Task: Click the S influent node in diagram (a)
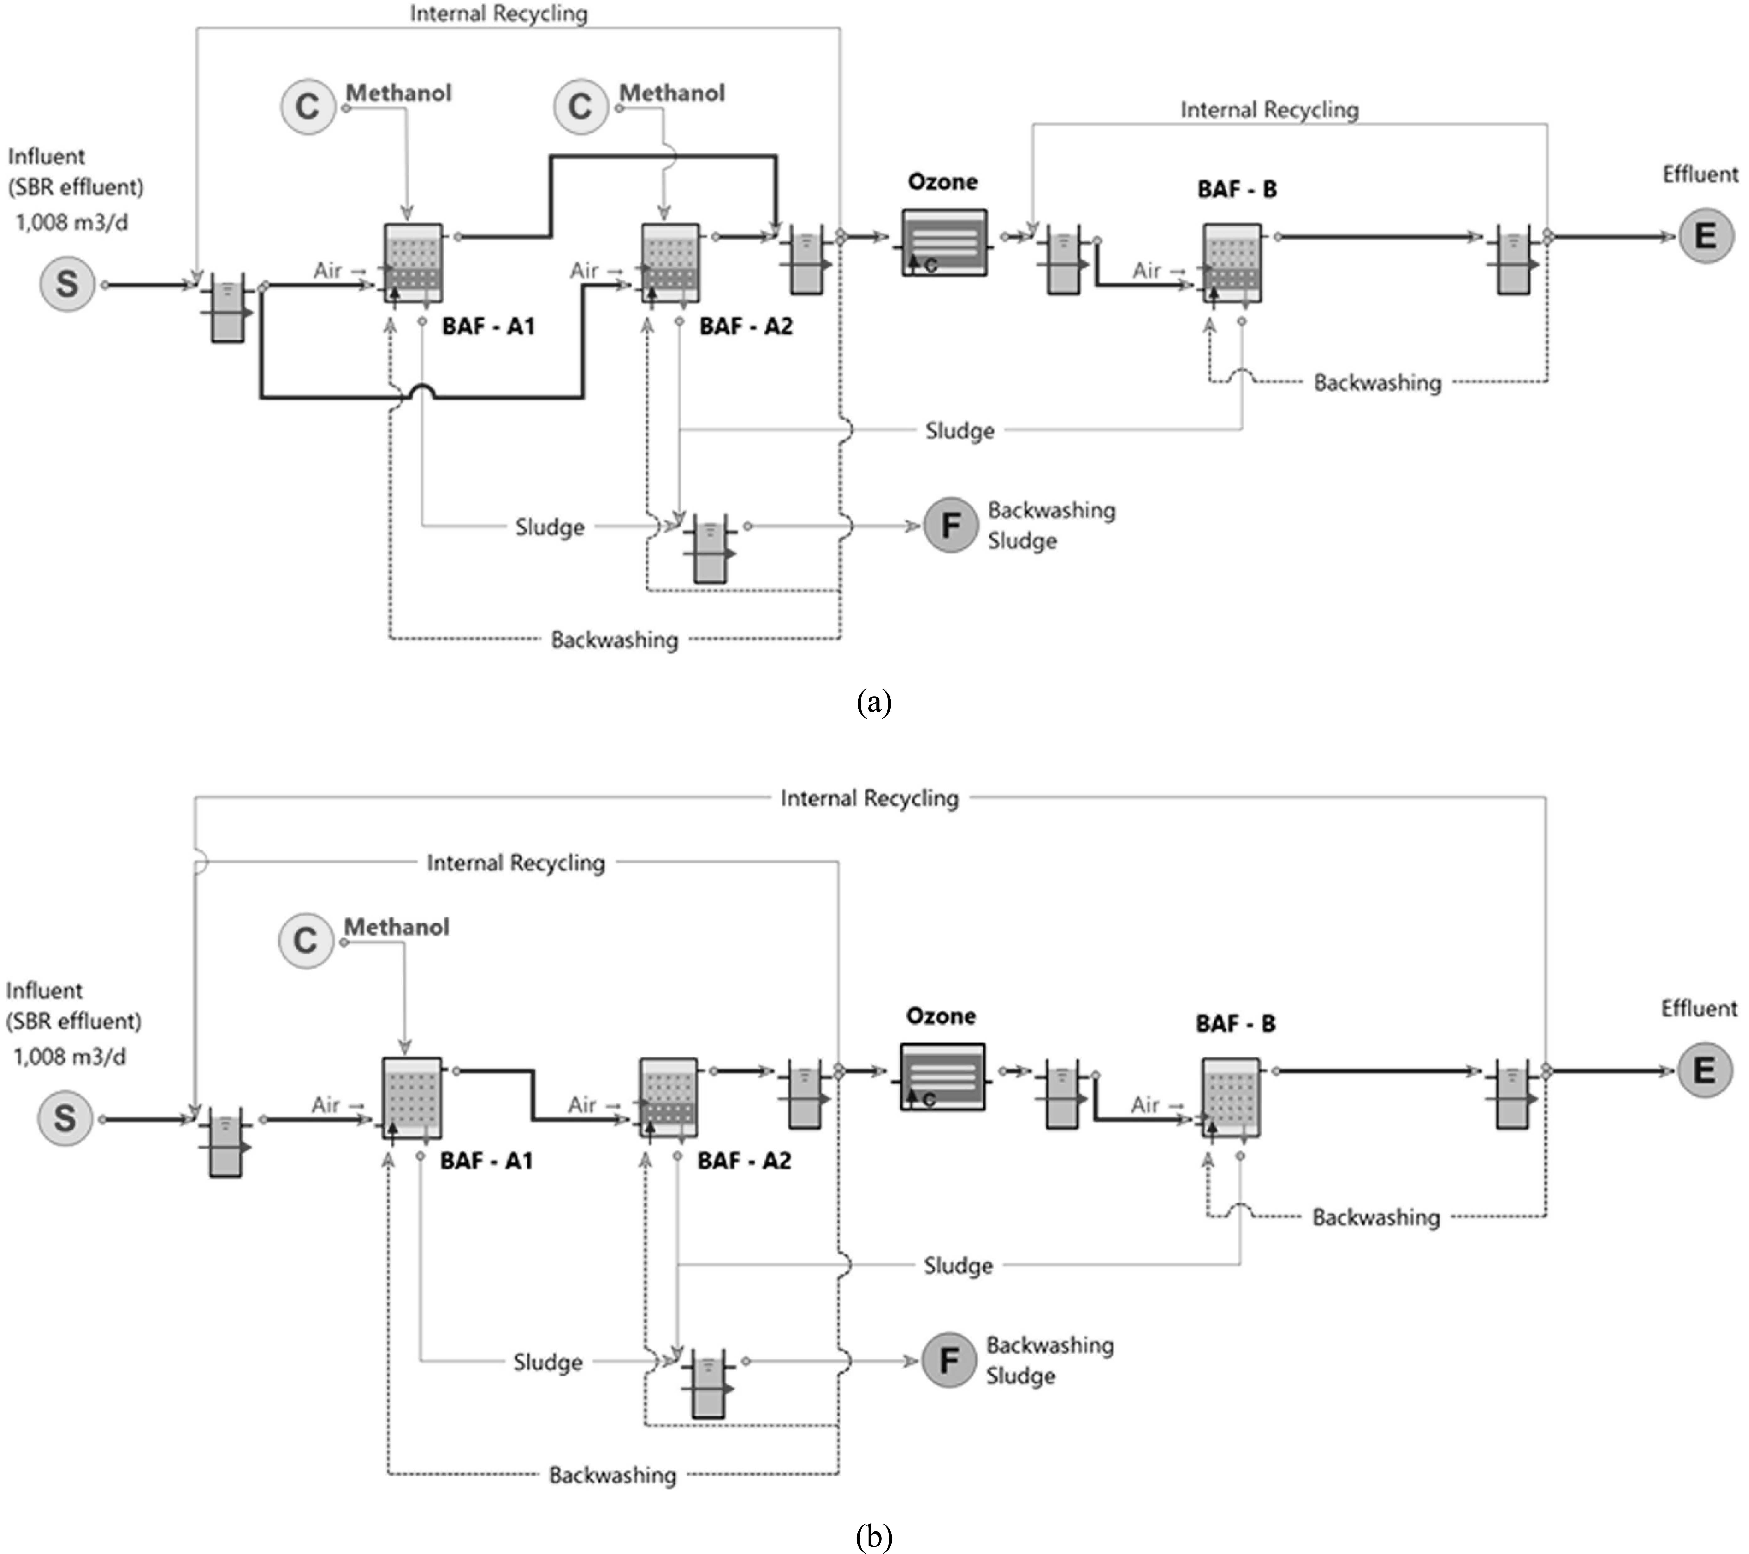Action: [67, 284]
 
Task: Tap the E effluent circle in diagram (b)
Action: [1704, 1070]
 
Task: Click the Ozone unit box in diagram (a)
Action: [944, 243]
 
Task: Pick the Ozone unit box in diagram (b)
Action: [942, 1077]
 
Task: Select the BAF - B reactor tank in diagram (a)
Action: [1231, 263]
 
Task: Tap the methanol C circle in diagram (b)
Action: [305, 940]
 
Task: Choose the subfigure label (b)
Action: [874, 1537]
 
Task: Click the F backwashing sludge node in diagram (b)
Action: [948, 1360]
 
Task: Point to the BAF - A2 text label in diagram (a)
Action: [745, 326]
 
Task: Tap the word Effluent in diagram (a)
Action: [1700, 174]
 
